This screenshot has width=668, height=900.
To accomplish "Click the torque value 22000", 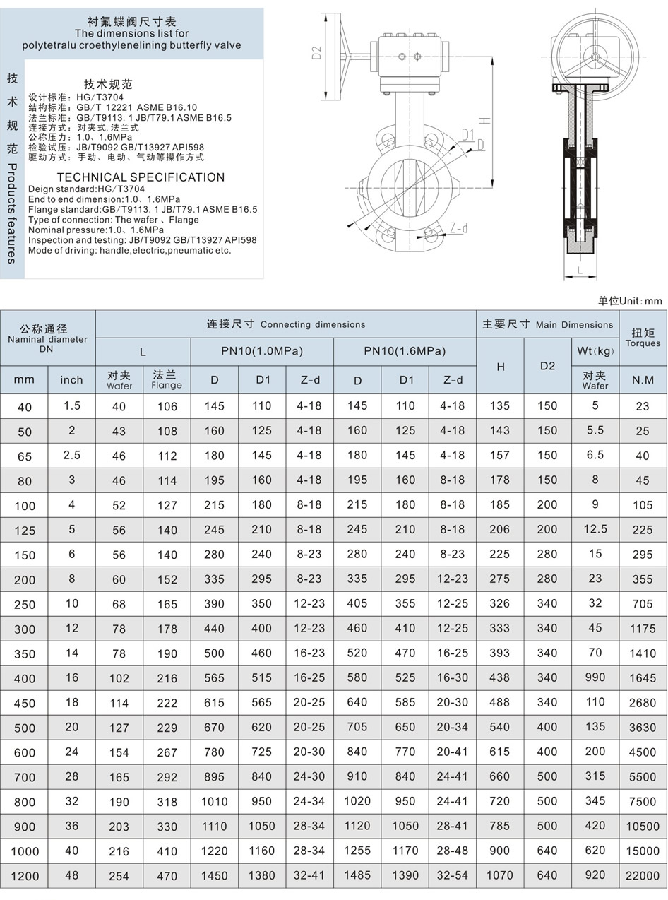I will [642, 876].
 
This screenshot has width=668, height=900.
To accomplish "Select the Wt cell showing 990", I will [595, 677].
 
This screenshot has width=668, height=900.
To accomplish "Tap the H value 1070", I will [500, 876].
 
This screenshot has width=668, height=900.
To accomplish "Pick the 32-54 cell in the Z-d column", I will [453, 876].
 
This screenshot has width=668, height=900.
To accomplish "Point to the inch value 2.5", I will [72, 456].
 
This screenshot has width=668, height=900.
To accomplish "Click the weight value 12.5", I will [595, 529].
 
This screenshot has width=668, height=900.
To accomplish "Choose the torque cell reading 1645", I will [642, 678].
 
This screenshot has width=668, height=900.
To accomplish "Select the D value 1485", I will [357, 876].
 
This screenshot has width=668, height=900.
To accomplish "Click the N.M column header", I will [643, 380].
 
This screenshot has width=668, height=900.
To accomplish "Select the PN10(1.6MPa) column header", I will [405, 351].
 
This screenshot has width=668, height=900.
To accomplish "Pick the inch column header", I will [71, 380].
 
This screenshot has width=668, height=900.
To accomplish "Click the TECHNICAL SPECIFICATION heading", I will [141, 177].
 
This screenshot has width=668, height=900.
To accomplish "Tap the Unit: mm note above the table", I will [630, 301].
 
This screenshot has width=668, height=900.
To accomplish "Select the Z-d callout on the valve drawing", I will [458, 228].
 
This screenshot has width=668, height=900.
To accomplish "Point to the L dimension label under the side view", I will [579, 270].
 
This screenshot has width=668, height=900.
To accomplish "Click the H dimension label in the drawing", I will [485, 120].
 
